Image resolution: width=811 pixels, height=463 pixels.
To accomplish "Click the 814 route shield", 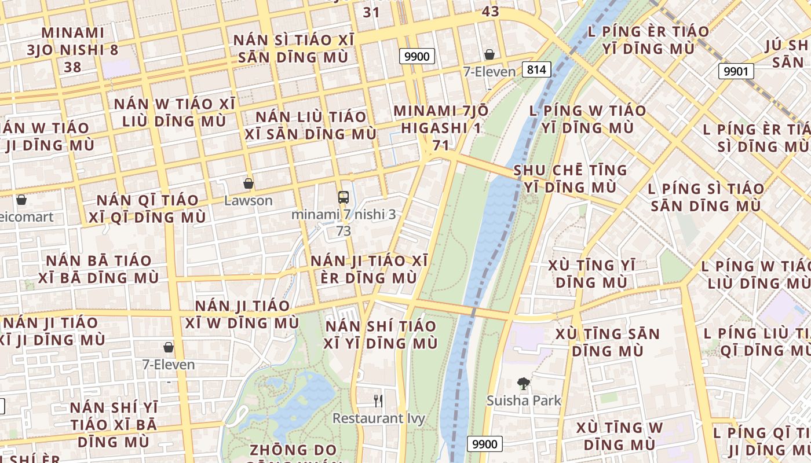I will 536,70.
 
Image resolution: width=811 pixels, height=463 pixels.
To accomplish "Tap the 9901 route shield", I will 736,72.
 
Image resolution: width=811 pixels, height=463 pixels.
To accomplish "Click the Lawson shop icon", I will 249,184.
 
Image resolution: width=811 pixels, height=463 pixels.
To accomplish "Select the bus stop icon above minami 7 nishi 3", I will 344,197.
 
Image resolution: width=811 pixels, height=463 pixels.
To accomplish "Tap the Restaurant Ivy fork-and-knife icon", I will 378,400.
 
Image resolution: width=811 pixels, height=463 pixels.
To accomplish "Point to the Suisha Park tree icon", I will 524,383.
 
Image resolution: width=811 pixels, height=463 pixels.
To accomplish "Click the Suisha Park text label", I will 524,400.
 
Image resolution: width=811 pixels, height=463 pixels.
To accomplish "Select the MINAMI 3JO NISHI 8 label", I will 72,41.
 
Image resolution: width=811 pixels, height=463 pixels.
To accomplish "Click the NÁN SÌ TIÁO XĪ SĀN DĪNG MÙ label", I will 293,49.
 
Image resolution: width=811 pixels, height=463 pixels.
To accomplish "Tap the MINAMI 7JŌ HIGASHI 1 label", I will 440,119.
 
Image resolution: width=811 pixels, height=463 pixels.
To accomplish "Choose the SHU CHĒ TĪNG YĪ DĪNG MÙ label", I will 570,178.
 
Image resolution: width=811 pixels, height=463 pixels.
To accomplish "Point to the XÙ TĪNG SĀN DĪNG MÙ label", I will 608,342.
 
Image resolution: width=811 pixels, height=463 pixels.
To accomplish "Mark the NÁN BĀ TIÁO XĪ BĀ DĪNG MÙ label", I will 98,269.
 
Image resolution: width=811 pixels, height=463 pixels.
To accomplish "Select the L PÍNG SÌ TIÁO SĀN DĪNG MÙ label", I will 706,197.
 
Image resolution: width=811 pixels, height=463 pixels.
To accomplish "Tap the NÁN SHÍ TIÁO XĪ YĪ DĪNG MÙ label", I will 381,335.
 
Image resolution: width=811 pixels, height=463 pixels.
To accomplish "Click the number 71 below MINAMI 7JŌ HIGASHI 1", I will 440,145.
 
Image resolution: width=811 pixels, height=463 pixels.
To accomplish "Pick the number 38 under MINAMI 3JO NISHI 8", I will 72,67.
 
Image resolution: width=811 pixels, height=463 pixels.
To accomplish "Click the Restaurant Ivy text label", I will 379,418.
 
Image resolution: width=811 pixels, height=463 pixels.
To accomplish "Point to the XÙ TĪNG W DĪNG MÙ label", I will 619,436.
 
